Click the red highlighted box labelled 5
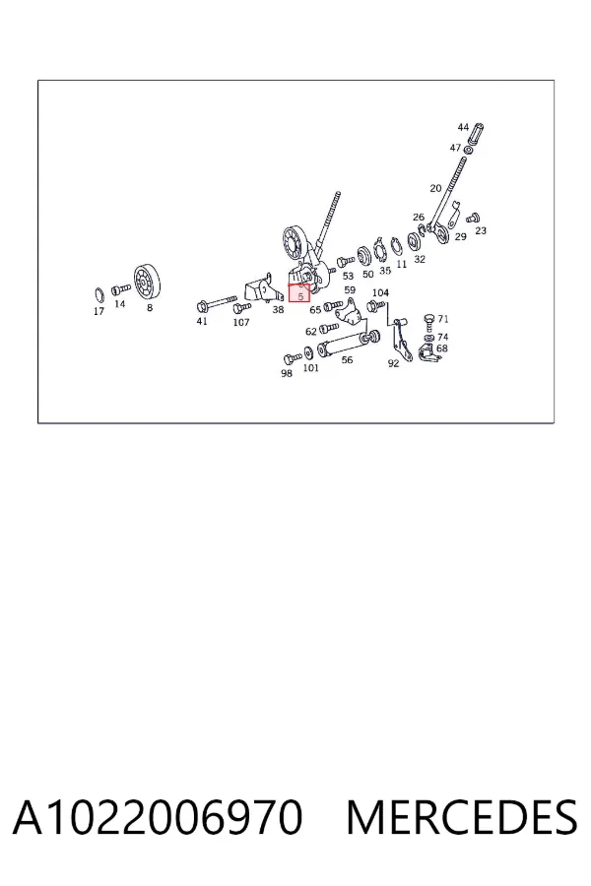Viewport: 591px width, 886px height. pos(299,293)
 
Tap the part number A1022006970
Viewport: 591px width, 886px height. pos(158,817)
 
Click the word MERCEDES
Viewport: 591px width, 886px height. pos(462,817)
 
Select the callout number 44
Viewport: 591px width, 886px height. pos(463,127)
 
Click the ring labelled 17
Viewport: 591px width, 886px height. pos(98,295)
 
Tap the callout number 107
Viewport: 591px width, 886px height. pos(241,323)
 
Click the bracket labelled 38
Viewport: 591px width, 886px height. pos(263,289)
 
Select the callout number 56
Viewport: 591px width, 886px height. pos(347,359)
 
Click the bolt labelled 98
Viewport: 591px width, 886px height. pos(292,358)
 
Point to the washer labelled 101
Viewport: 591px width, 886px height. pos(308,352)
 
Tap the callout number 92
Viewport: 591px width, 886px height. pos(393,363)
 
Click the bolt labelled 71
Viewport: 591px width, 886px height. pos(429,324)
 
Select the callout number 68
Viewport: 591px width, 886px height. pos(441,348)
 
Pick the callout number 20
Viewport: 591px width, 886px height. pos(435,188)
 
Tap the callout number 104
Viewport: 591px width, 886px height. pos(380,292)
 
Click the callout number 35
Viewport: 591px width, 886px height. pos(385,271)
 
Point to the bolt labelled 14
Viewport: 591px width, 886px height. pos(120,289)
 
